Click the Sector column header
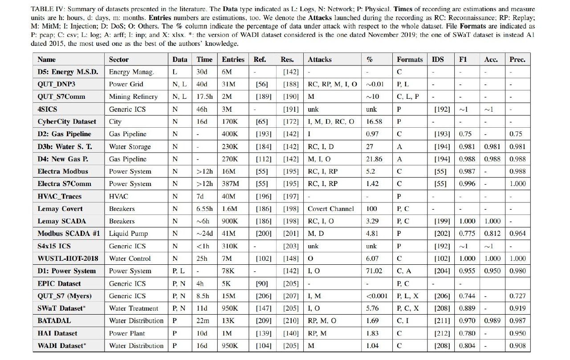click(x=119, y=59)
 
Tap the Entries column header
click(x=233, y=59)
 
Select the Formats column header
click(x=410, y=59)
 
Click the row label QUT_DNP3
click(x=55, y=84)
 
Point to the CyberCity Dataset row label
click(x=66, y=121)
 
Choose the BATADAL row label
click(x=54, y=320)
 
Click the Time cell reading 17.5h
click(x=204, y=97)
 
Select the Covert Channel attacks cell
click(x=331, y=209)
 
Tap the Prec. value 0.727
click(x=517, y=295)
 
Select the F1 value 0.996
click(x=467, y=184)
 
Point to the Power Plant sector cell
click(x=127, y=333)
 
